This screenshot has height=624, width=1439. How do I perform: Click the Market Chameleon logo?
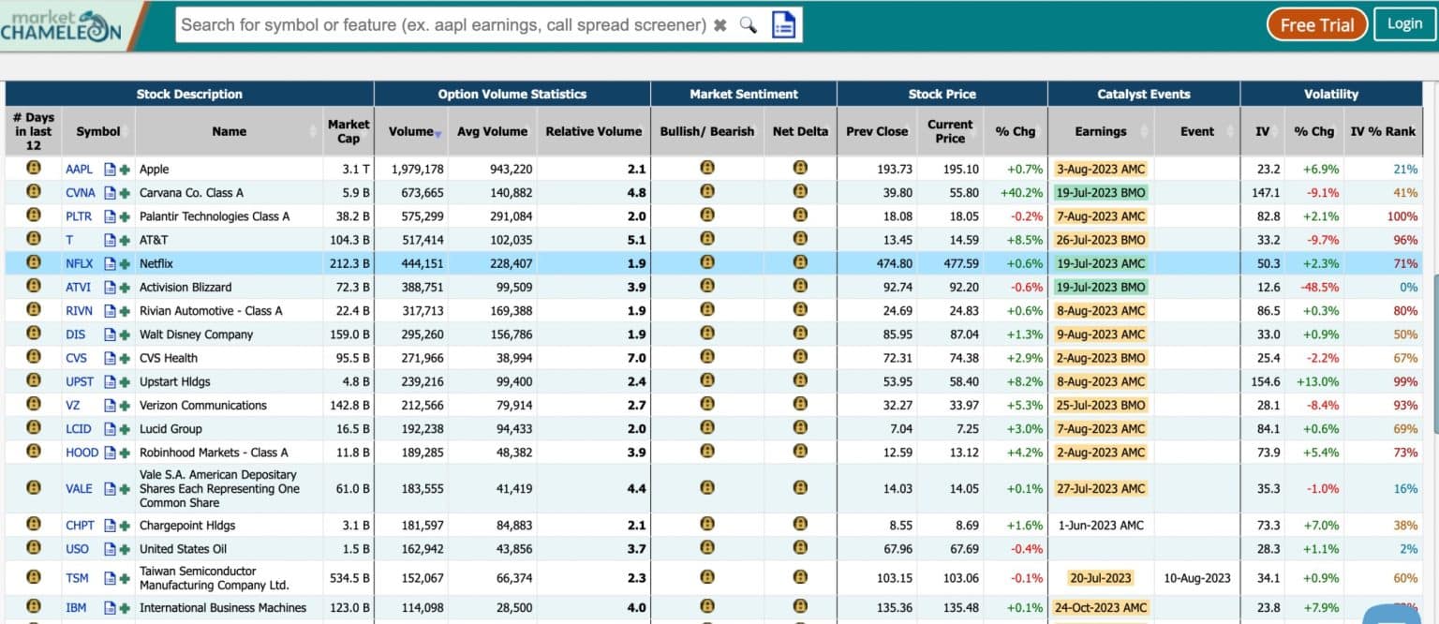click(61, 25)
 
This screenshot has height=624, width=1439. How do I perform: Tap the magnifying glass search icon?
click(748, 25)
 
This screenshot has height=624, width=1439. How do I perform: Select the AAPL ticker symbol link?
click(79, 170)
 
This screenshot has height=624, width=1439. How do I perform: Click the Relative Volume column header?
click(593, 131)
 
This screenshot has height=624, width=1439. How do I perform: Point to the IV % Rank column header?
click(1382, 131)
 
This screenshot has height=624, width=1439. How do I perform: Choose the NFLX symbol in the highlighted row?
click(80, 264)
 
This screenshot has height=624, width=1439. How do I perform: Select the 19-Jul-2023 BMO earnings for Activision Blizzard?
click(1100, 288)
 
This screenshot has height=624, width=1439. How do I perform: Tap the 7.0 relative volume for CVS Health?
click(636, 358)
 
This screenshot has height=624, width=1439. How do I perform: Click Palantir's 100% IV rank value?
click(1402, 216)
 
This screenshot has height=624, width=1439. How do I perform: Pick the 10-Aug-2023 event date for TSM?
click(1196, 578)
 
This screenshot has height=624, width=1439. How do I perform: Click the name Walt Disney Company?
click(196, 334)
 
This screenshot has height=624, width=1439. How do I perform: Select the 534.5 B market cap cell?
click(349, 578)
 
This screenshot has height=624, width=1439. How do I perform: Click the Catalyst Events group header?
click(1143, 94)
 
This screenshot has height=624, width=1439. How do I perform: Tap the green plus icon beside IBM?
click(125, 608)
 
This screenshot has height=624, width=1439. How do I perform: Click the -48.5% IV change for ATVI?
click(1316, 288)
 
